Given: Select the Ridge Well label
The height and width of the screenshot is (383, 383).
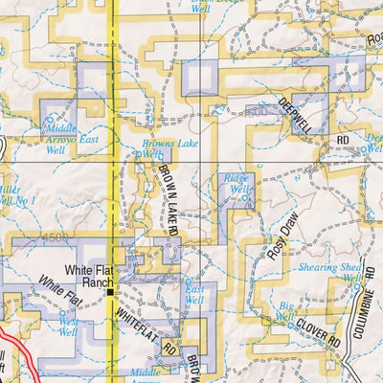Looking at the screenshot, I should [236, 183].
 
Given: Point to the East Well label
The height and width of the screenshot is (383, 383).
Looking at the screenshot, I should [194, 294].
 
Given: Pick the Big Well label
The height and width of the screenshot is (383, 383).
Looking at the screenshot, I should [284, 311].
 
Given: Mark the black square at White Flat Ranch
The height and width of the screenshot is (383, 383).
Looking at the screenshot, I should [112, 293].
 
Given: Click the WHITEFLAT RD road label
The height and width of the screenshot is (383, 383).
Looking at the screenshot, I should [144, 327].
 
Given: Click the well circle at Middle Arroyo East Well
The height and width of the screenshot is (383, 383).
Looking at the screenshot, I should [51, 120].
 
